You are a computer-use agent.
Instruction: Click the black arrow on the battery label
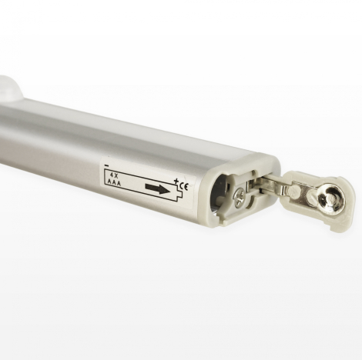coord(157,188)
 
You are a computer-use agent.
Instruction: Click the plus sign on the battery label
coord(176,182)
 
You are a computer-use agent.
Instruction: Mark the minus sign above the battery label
coord(105,164)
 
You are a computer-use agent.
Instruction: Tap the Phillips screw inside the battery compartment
coord(241,199)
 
